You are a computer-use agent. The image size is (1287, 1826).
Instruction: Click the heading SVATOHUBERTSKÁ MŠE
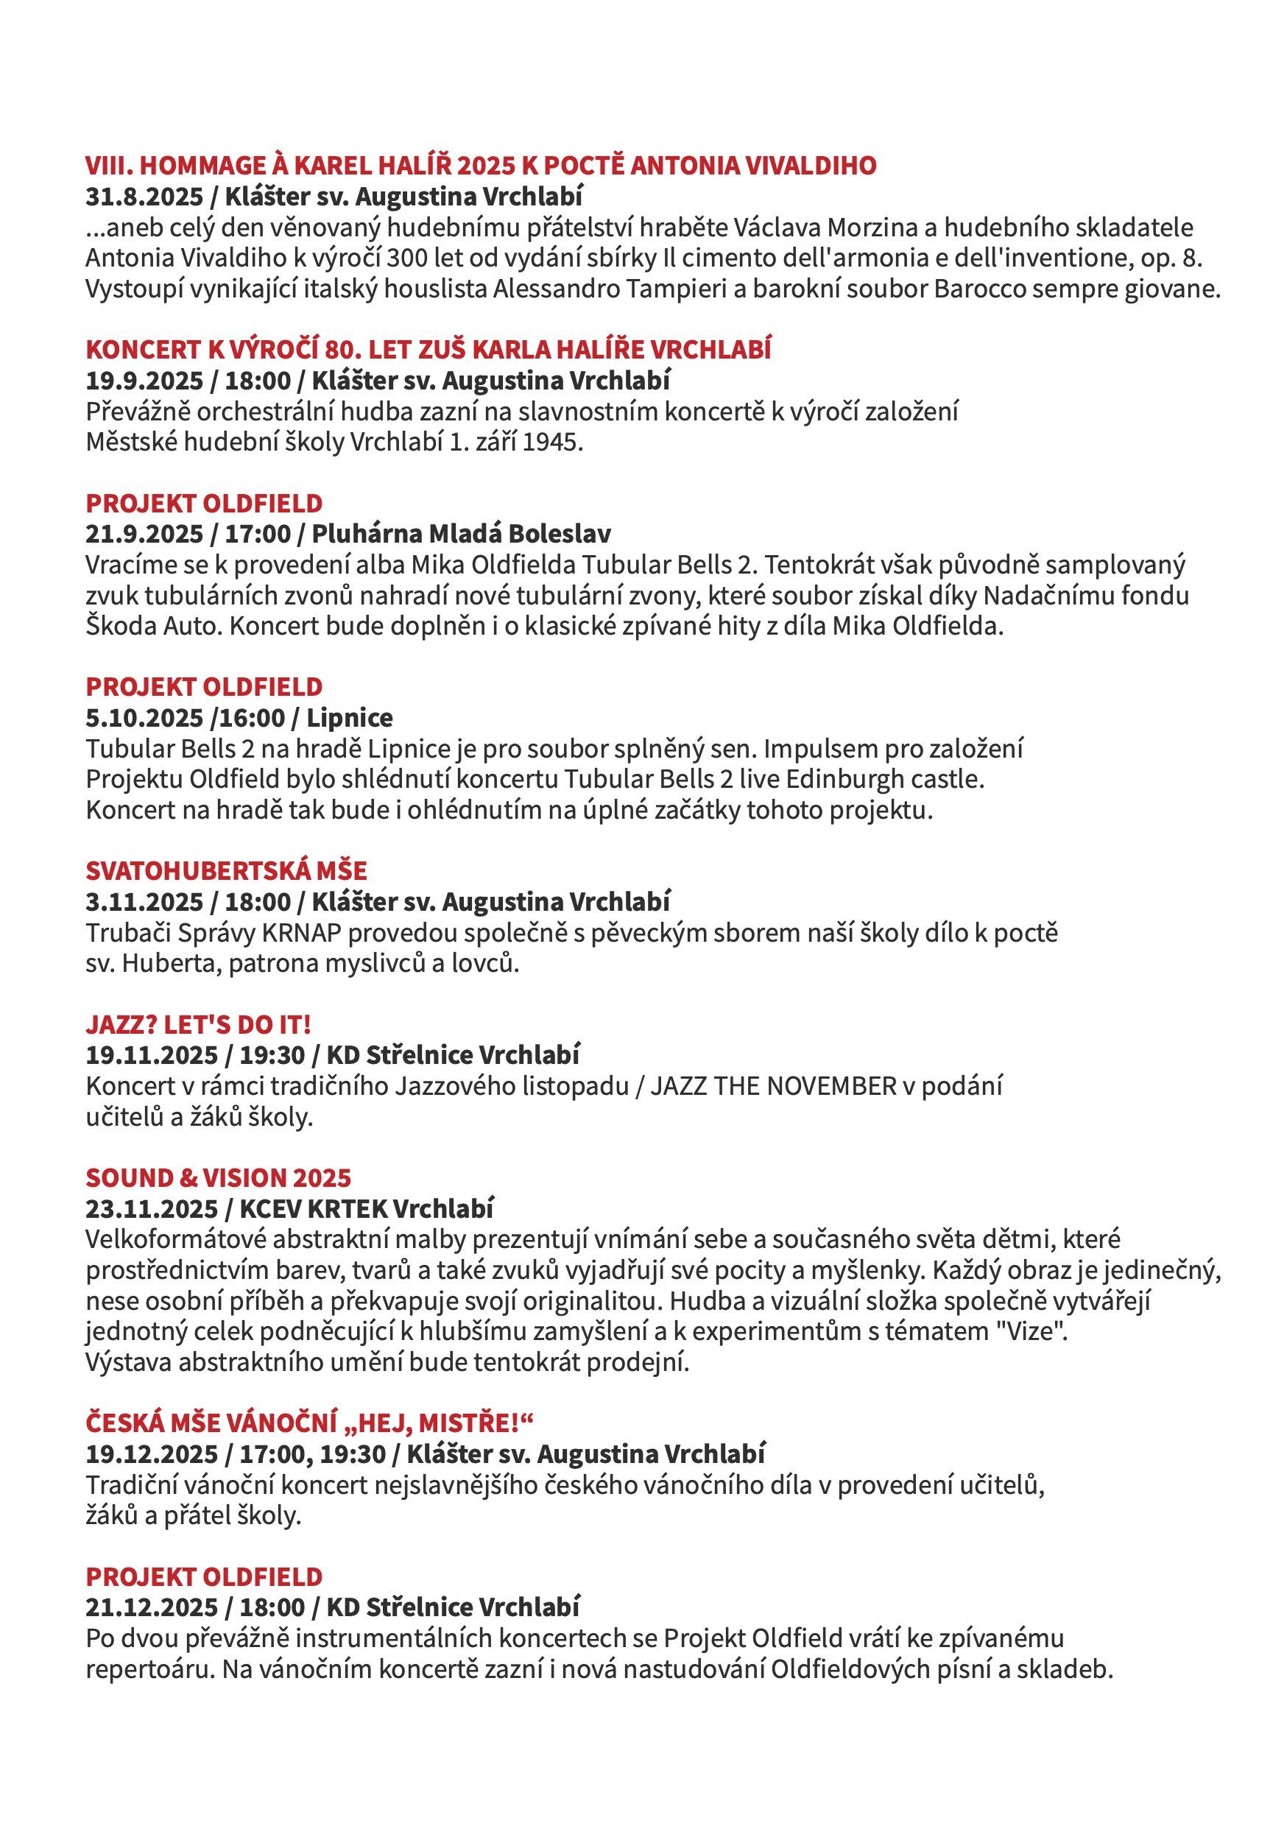click(226, 871)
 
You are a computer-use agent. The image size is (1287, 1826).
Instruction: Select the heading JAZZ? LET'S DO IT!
click(198, 1024)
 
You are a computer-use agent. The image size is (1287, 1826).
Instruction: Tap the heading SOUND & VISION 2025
click(218, 1178)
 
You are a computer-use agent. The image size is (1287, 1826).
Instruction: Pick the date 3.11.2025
click(145, 902)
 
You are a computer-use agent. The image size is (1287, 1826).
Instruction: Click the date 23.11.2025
click(151, 1209)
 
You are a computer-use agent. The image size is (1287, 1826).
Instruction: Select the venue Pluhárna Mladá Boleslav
click(462, 534)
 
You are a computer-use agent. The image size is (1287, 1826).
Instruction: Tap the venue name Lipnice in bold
click(350, 718)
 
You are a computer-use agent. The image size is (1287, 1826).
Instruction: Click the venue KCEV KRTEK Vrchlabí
click(367, 1209)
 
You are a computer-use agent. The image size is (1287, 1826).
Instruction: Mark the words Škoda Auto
click(154, 626)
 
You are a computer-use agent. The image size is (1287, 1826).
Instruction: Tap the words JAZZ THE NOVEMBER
click(773, 1086)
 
